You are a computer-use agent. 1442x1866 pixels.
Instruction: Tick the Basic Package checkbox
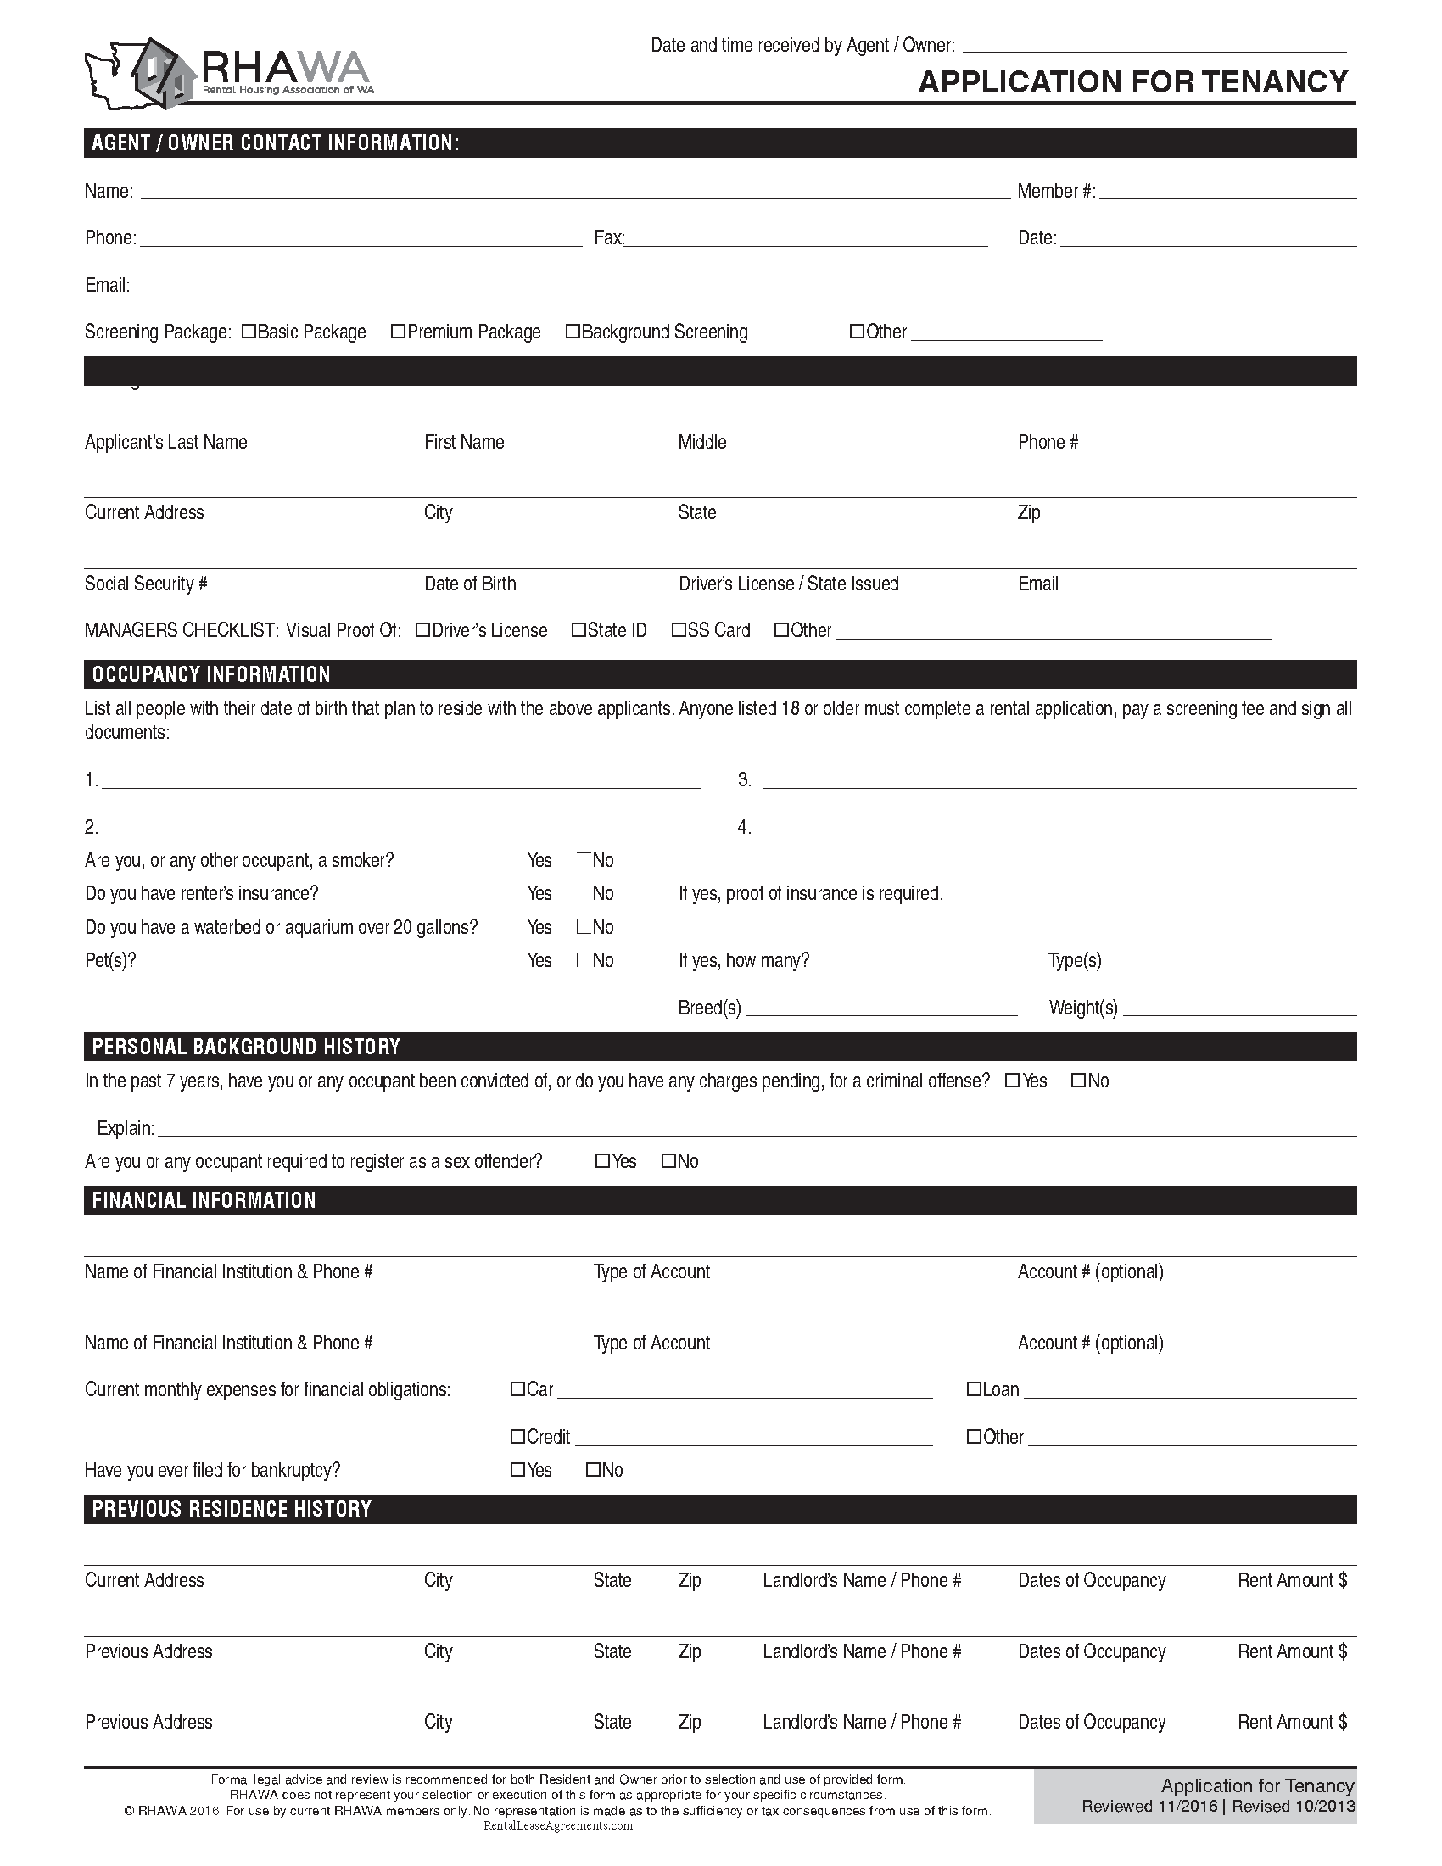point(249,332)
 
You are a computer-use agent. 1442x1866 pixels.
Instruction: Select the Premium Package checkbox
point(398,332)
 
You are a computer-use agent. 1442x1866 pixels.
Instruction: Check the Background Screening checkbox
point(573,332)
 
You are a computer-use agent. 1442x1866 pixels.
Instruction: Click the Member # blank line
point(1227,193)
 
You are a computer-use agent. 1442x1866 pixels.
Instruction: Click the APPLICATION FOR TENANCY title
point(1132,82)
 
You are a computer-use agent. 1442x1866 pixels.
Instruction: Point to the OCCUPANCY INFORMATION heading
point(211,674)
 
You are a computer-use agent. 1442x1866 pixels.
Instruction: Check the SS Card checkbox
point(679,630)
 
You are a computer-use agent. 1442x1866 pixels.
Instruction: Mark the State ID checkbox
point(578,630)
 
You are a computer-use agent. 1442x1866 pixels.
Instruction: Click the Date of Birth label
point(470,584)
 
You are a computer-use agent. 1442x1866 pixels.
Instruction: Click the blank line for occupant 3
point(1059,781)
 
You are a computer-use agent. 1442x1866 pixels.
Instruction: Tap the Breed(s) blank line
point(880,1009)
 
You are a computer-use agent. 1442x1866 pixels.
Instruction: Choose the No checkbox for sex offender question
point(669,1161)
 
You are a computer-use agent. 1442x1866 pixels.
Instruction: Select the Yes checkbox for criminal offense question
point(1012,1081)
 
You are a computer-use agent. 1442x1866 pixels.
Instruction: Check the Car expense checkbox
point(517,1389)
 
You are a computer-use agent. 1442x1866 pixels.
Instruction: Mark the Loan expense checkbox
point(974,1389)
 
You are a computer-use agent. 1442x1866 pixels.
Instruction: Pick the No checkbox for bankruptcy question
point(593,1470)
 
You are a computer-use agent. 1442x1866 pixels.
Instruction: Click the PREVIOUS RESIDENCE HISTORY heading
point(232,1509)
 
